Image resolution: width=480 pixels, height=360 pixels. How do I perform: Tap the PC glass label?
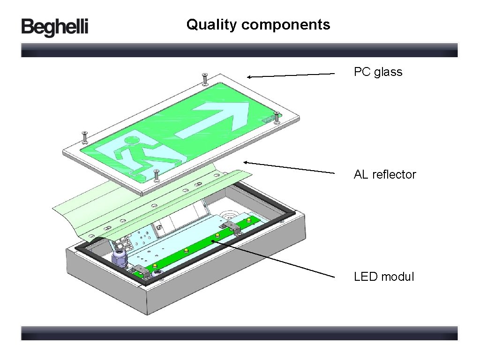[x=378, y=72]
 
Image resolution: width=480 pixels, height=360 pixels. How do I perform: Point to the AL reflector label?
[x=385, y=174]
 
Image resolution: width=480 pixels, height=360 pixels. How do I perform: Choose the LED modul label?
[x=384, y=277]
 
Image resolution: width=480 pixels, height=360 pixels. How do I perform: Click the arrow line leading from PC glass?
[x=291, y=75]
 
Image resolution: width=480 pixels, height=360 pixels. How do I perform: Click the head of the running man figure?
[x=133, y=140]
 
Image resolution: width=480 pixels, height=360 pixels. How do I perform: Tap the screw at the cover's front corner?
[x=157, y=175]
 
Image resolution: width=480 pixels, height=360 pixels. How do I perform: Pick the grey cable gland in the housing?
[x=118, y=257]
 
